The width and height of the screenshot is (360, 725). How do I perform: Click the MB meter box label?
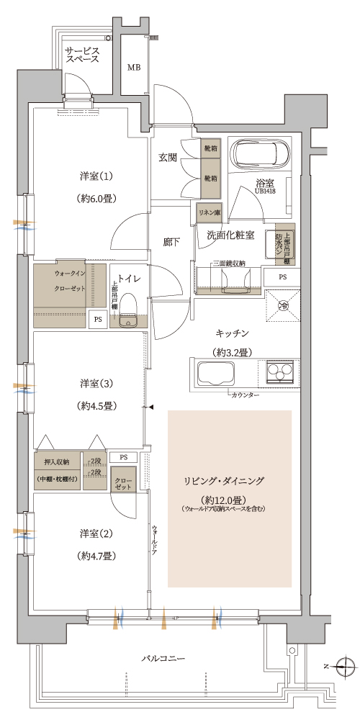pyautogui.click(x=134, y=68)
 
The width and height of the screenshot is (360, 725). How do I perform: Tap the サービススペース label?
pyautogui.click(x=82, y=57)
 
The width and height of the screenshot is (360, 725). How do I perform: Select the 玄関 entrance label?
pyautogui.click(x=168, y=158)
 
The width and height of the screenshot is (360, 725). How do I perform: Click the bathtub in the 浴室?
pyautogui.click(x=260, y=154)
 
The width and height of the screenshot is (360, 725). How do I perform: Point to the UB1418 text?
pyautogui.click(x=264, y=191)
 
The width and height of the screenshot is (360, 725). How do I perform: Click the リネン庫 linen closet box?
pyautogui.click(x=210, y=213)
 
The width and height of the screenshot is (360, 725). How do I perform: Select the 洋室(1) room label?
pyautogui.click(x=96, y=176)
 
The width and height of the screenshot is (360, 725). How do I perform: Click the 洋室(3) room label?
pyautogui.click(x=96, y=382)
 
